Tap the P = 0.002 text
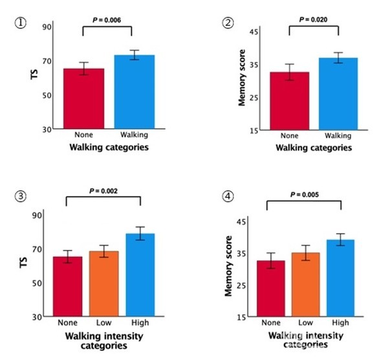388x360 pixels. click(x=106, y=190)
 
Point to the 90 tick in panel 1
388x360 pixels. click(x=47, y=27)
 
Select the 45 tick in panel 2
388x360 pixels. click(x=253, y=32)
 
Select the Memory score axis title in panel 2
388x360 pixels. click(x=242, y=81)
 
